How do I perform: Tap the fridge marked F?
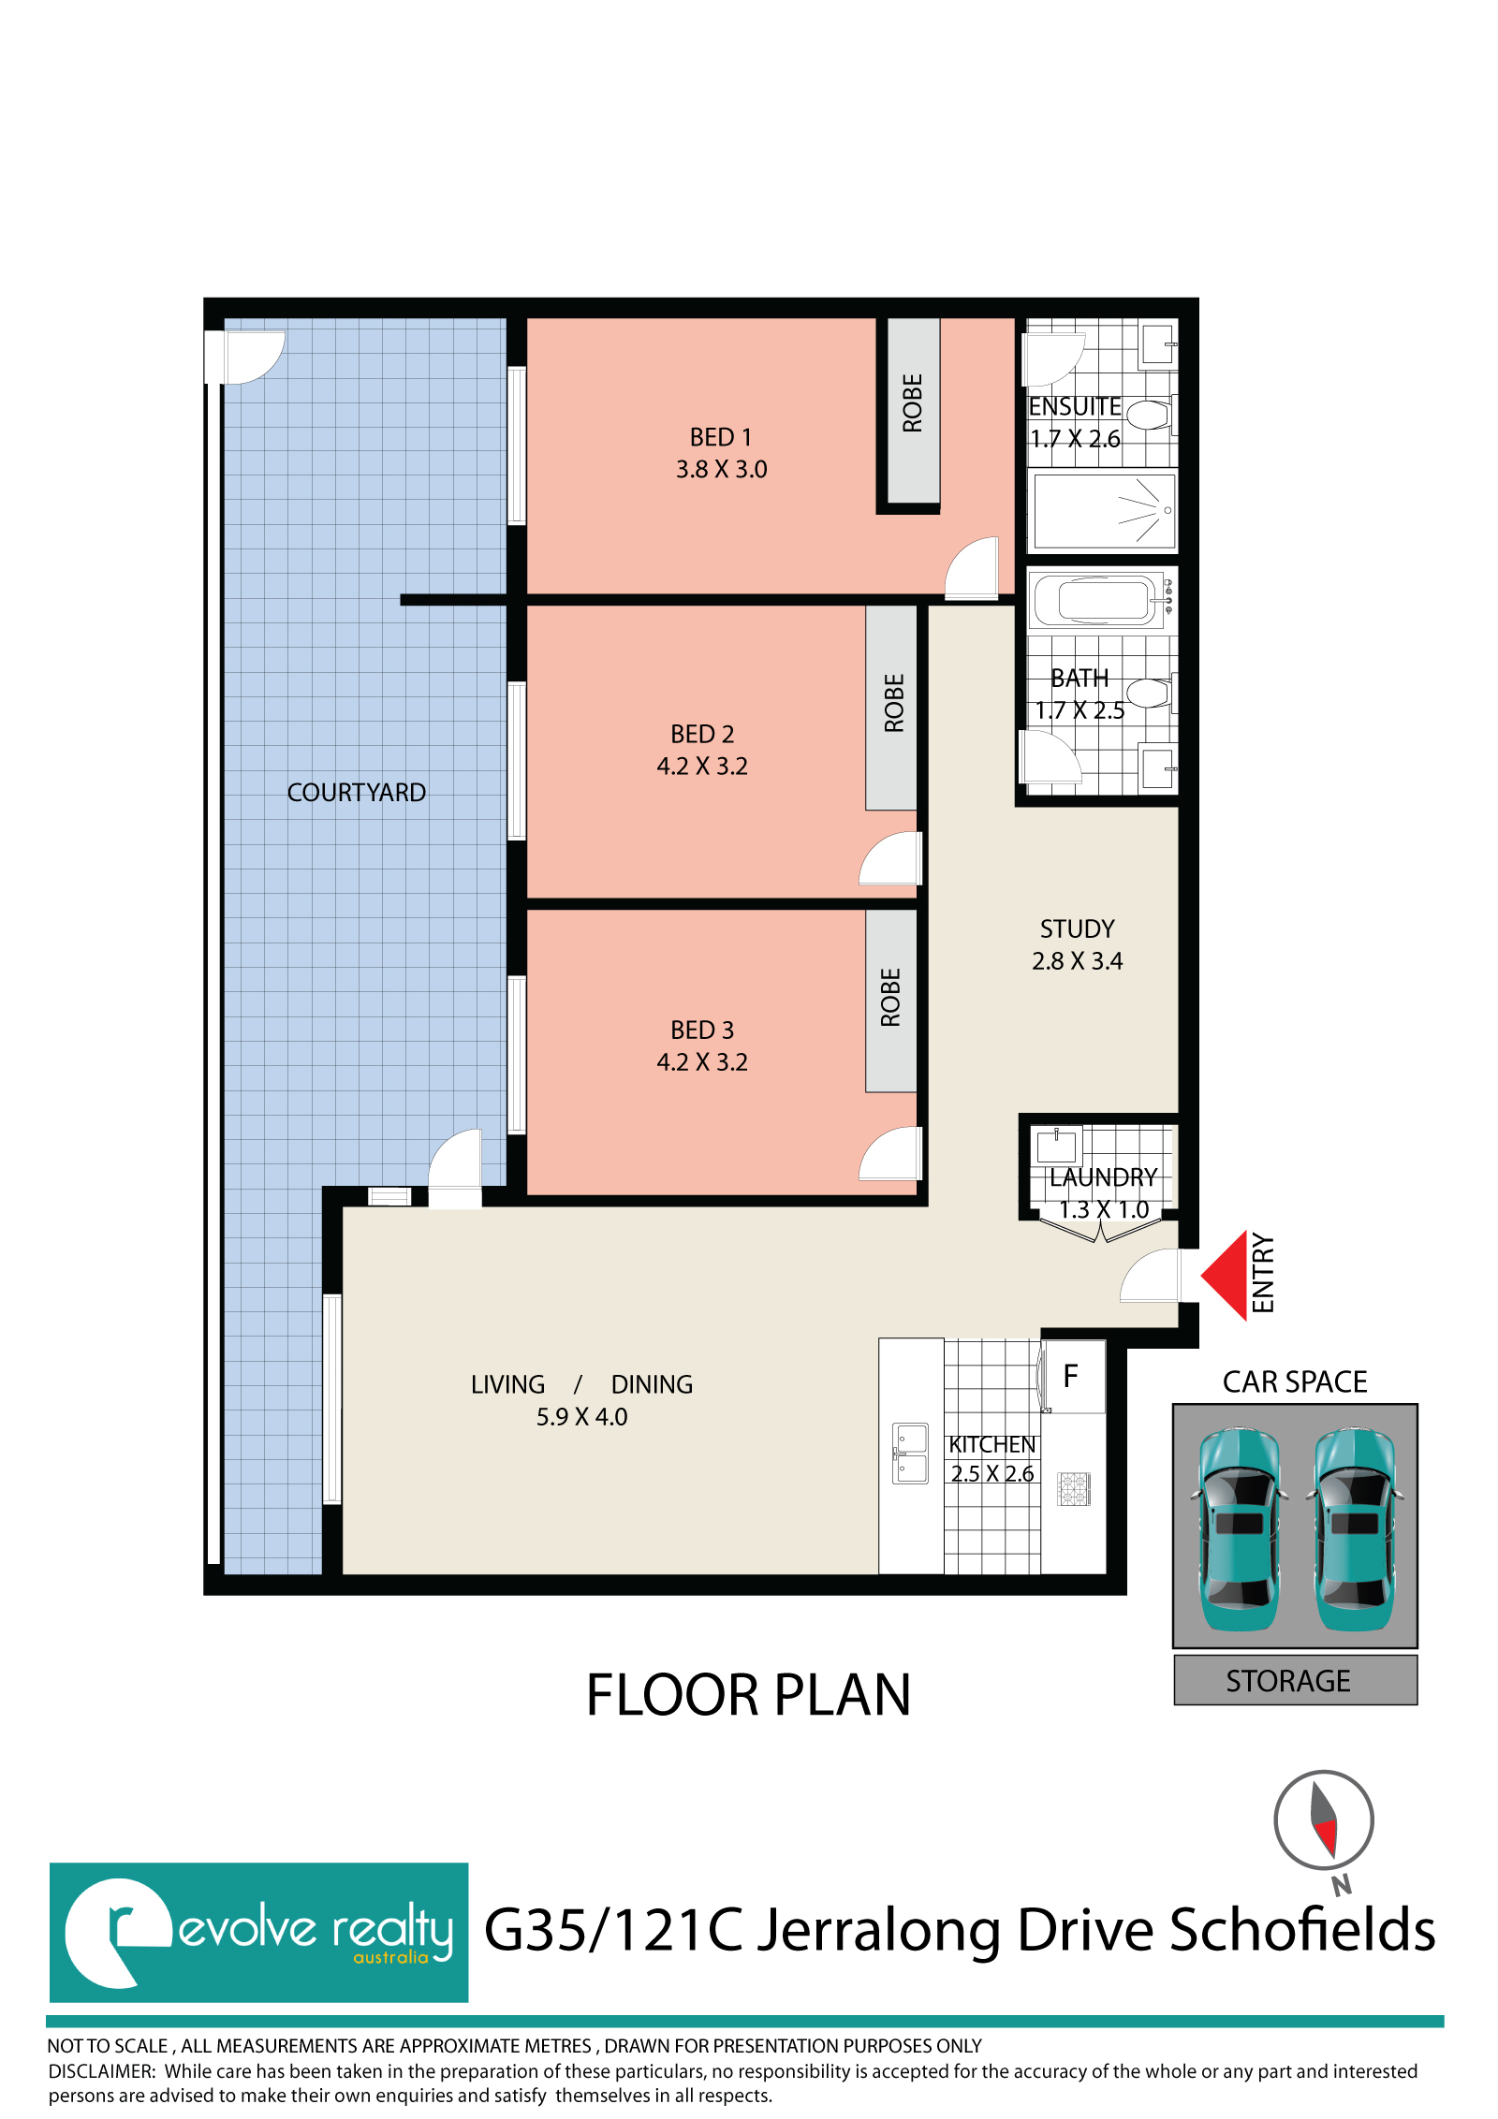[x=1073, y=1376]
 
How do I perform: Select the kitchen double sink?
[x=910, y=1453]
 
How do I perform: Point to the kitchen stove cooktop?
[x=1074, y=1488]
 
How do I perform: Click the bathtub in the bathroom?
[x=1096, y=600]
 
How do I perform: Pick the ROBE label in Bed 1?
[x=913, y=403]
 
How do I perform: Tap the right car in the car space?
[x=1355, y=1529]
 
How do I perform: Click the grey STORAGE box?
[x=1296, y=1680]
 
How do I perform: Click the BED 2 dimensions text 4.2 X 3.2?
[x=702, y=767]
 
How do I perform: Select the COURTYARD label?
[x=356, y=793]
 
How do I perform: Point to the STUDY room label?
[x=1078, y=928]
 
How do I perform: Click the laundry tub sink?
[x=1057, y=1146]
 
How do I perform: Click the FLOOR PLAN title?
[x=748, y=1695]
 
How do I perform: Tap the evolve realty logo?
[x=259, y=1933]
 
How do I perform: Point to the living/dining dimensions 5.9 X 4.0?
[x=581, y=1417]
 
